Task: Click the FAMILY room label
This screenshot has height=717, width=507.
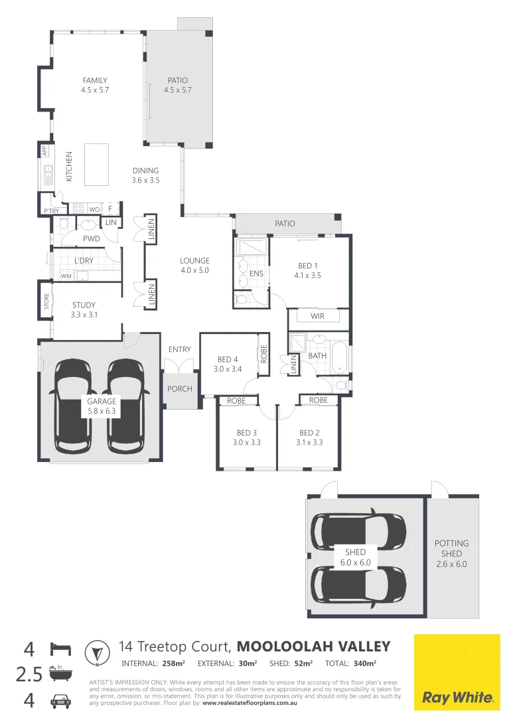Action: [94, 80]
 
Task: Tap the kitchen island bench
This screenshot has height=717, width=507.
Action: [98, 165]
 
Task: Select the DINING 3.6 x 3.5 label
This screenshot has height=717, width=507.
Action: [145, 175]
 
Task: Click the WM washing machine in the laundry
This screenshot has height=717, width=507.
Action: [66, 276]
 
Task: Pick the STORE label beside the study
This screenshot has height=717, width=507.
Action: [46, 302]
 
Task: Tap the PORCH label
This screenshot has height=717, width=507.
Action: [179, 389]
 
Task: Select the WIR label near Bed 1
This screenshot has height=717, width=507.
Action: [317, 316]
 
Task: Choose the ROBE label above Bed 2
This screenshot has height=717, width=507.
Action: [318, 400]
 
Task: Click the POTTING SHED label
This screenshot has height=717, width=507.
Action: [451, 548]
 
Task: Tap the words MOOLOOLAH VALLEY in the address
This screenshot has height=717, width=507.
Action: [313, 647]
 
